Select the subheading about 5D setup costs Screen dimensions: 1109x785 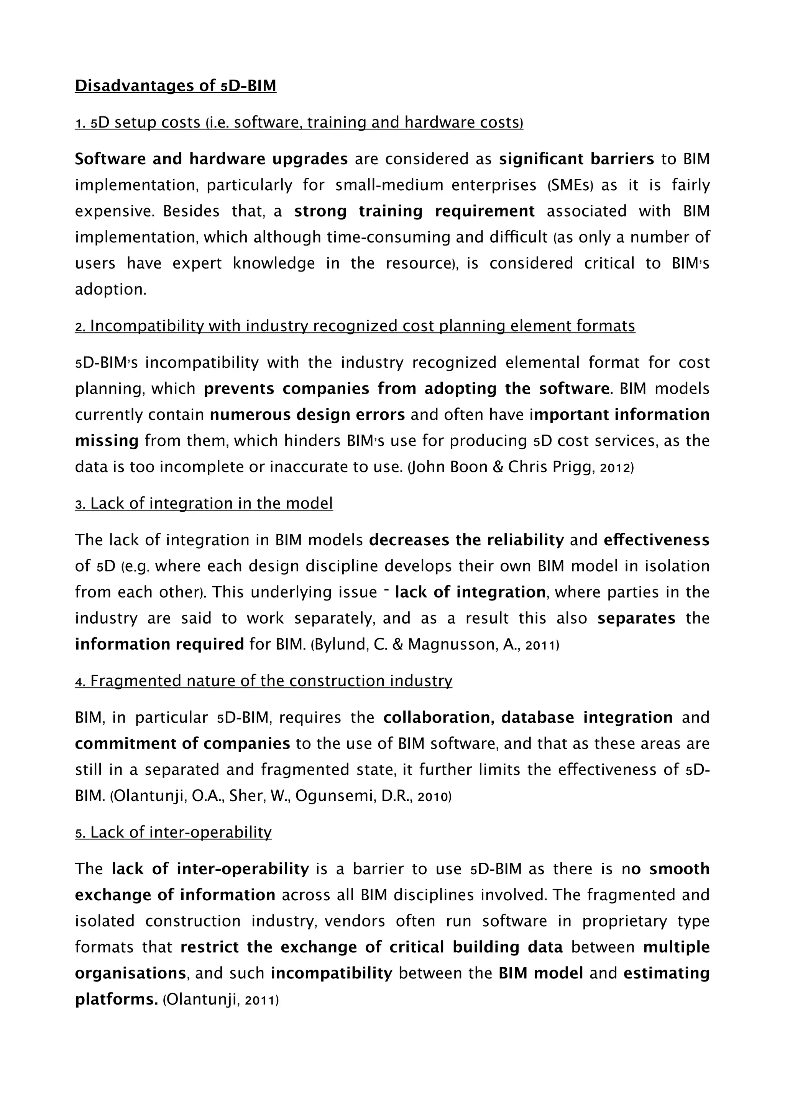[x=299, y=123]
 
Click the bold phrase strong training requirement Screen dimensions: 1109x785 [x=414, y=211]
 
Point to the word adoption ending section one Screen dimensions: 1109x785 [x=110, y=290]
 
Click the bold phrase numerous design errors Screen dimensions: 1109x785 [x=307, y=414]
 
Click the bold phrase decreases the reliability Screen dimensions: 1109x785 [x=466, y=540]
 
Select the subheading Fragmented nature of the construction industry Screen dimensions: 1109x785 [x=263, y=681]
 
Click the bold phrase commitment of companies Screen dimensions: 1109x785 [x=182, y=743]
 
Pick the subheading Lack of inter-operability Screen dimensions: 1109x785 [x=173, y=832]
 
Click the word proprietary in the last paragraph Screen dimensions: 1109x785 [x=624, y=921]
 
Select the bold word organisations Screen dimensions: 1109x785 [x=130, y=973]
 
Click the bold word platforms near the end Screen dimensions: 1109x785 [x=116, y=999]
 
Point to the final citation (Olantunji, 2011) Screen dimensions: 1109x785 [x=220, y=999]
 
